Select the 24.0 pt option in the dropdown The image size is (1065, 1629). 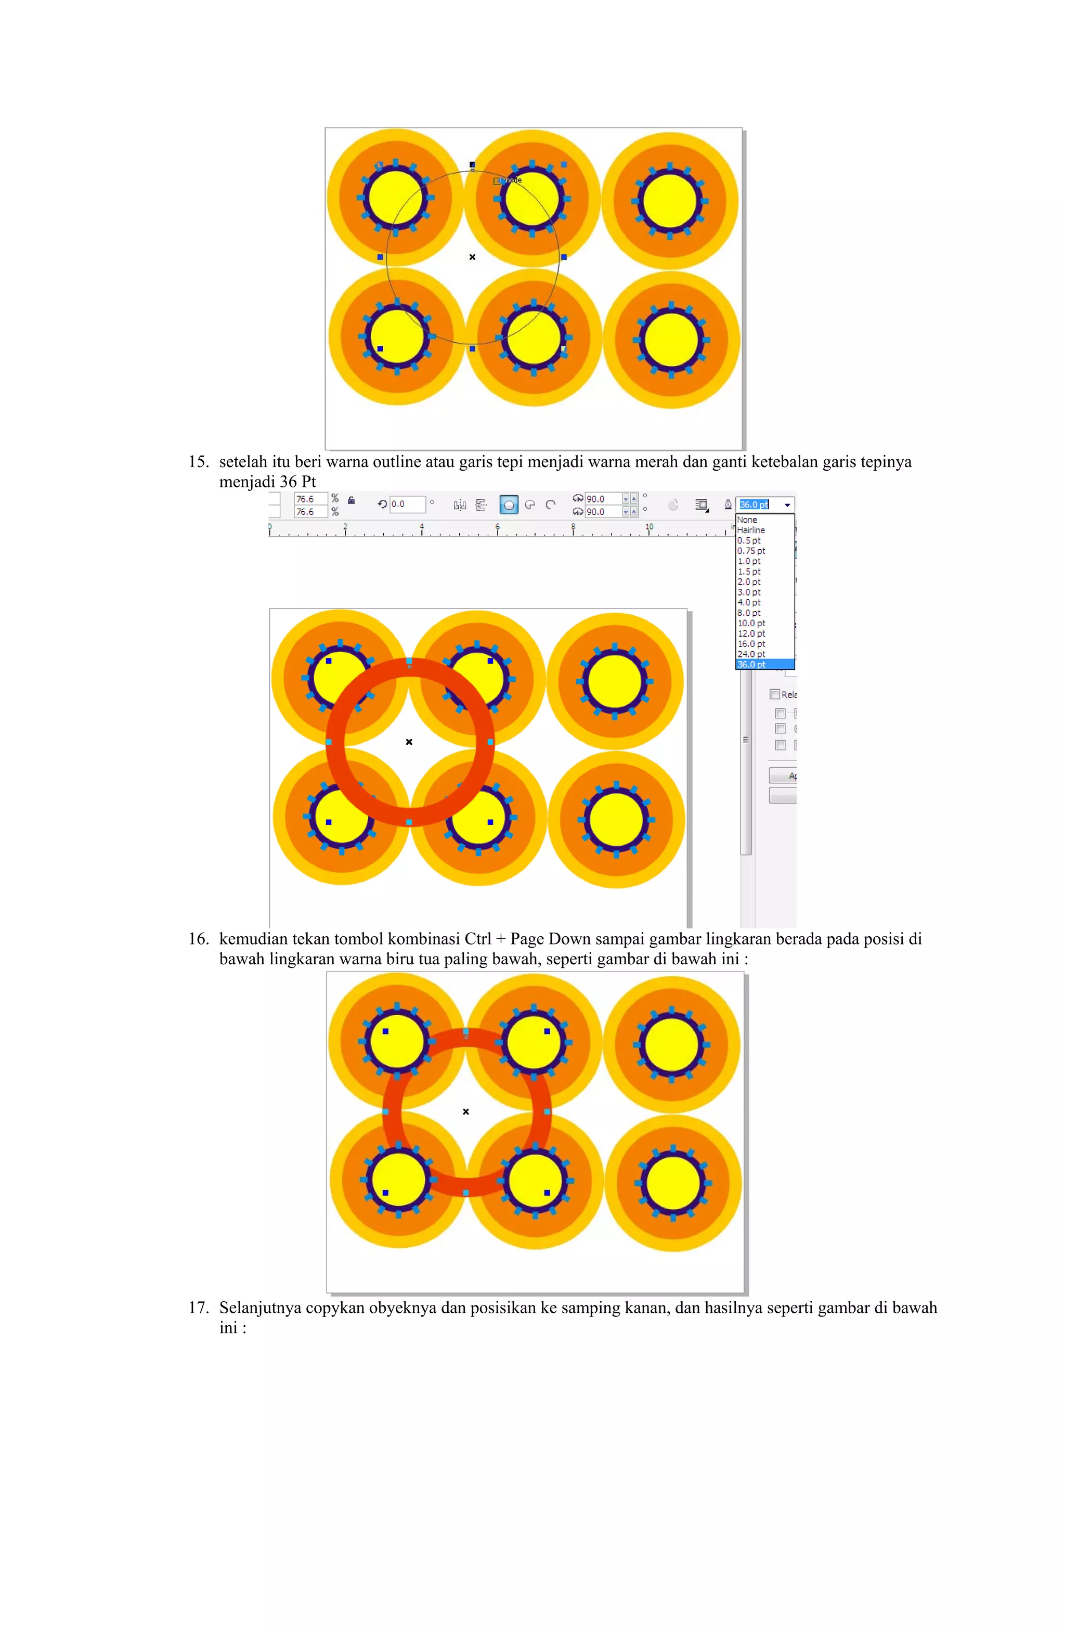pyautogui.click(x=751, y=654)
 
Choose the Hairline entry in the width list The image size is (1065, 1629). pyautogui.click(x=751, y=531)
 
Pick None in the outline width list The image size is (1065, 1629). pyautogui.click(x=747, y=520)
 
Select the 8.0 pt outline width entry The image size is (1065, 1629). pyautogui.click(x=749, y=613)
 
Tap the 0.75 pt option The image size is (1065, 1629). pyautogui.click(x=751, y=551)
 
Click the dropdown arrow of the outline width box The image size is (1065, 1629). pyautogui.click(x=787, y=505)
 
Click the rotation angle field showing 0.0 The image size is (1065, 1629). pyautogui.click(x=407, y=505)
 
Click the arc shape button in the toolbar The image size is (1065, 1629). pyautogui.click(x=550, y=506)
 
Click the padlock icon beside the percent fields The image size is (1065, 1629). pyautogui.click(x=351, y=500)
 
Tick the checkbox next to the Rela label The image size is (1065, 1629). pyautogui.click(x=775, y=694)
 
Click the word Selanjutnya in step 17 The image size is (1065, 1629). pyautogui.click(x=259, y=1308)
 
